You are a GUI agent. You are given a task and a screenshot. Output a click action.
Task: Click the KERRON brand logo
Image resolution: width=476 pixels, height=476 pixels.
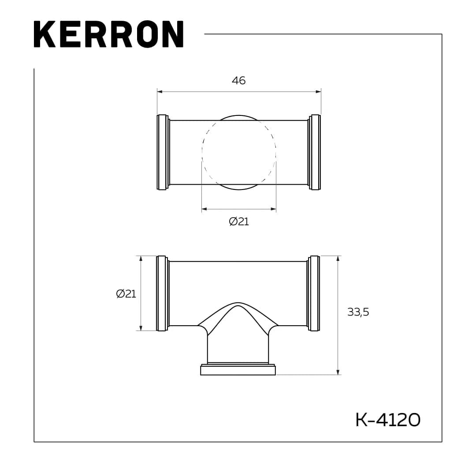point(108,34)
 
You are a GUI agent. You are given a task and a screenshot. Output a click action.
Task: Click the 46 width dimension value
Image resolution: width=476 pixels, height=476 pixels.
point(238,81)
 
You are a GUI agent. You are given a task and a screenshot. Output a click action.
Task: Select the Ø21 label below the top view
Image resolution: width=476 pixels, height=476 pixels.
point(239,222)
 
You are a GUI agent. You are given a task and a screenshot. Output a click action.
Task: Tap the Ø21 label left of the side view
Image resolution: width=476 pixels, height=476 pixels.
point(126,294)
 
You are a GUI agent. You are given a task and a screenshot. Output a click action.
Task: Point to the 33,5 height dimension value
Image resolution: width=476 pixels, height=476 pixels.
point(358,312)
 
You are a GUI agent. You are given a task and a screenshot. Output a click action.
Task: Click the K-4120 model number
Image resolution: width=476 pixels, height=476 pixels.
point(388,420)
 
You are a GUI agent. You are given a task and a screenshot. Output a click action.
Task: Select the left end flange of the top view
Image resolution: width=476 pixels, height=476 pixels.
point(162,152)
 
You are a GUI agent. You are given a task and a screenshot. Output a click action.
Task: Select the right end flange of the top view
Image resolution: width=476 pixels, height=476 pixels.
point(315,152)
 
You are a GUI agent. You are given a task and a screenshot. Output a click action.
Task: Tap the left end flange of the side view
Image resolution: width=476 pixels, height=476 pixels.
point(162,293)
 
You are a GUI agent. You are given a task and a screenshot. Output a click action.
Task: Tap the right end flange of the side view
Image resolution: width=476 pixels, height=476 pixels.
point(314,293)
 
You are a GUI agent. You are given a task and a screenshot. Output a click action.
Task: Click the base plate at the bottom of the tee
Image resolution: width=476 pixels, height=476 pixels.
point(238,370)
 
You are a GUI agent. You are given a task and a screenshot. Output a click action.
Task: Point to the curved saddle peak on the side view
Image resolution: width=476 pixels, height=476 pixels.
point(238,304)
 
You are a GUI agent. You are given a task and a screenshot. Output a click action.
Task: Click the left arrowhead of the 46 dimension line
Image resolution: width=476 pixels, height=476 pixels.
point(160,92)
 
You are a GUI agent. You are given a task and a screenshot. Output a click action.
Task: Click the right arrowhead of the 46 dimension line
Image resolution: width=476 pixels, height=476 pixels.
point(318,92)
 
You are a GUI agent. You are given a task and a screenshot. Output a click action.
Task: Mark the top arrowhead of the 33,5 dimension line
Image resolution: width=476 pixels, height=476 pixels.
point(338,258)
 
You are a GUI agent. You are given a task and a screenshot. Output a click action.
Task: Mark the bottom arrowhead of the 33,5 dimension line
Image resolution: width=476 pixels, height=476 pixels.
point(338,372)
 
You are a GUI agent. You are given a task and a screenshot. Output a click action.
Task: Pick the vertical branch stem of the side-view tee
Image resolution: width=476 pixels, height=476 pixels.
point(238,348)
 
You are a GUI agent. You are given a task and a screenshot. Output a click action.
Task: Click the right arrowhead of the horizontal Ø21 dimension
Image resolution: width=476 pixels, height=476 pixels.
point(274,209)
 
